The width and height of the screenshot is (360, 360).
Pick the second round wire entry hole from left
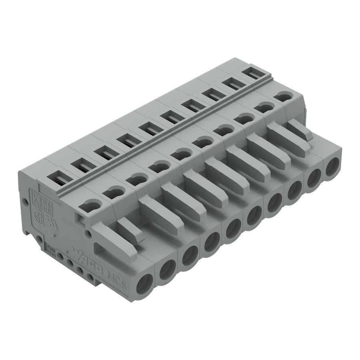tap(167, 270)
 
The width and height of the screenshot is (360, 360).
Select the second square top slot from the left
tap(80, 165)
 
